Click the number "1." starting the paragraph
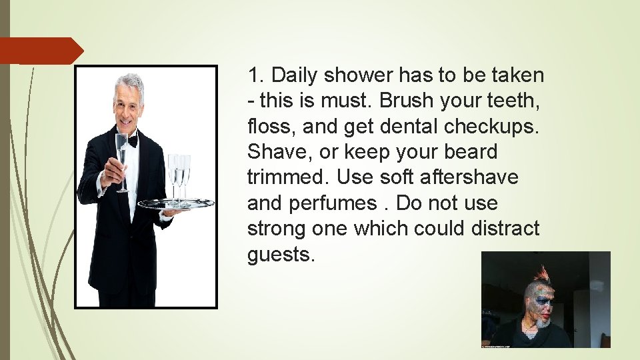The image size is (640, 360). (x=257, y=75)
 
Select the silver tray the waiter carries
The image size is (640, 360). (x=175, y=203)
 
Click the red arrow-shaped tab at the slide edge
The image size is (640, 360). (x=40, y=51)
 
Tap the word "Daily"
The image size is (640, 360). (x=295, y=75)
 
